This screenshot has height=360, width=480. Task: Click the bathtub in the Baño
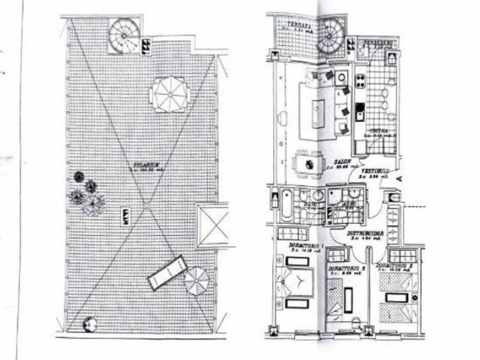point(286,209)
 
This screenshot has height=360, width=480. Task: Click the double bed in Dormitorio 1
point(298,283)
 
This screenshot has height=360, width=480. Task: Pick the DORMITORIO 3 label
point(347,267)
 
